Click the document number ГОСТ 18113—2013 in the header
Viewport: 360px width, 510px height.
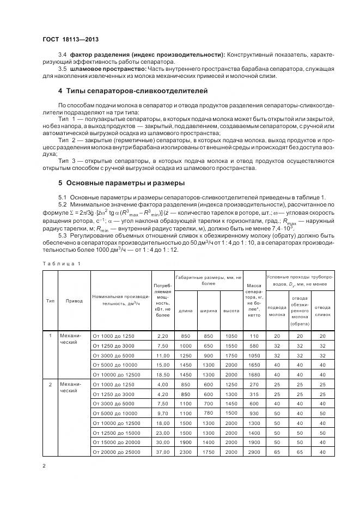tap(70, 40)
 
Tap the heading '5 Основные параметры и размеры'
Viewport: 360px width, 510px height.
tap(121, 183)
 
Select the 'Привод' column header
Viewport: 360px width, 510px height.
tap(74, 300)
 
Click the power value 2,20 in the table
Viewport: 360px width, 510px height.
tap(162, 336)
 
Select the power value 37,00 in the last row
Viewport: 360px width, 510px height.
tap(162, 452)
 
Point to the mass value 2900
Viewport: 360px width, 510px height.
tap(253, 452)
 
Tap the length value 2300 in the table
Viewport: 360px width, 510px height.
tap(185, 452)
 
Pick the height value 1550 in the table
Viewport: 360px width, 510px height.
tap(231, 346)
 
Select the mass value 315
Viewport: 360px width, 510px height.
tap(253, 394)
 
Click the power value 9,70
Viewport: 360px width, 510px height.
tap(162, 413)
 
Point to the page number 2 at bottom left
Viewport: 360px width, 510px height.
tap(44, 466)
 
